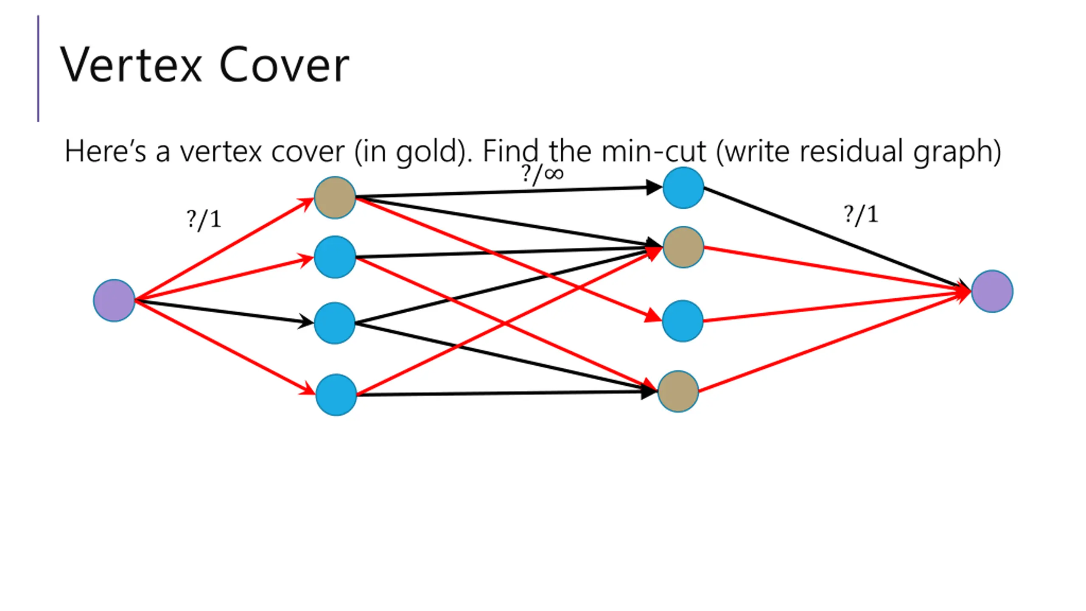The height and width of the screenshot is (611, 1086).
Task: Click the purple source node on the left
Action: tap(114, 300)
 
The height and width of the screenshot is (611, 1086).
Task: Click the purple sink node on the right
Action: tap(992, 291)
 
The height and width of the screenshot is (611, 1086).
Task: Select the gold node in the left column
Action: tap(335, 198)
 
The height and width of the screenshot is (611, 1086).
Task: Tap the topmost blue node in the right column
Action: tap(683, 188)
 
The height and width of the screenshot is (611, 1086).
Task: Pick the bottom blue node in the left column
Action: tap(336, 395)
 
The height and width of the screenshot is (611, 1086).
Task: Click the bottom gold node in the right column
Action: tap(678, 391)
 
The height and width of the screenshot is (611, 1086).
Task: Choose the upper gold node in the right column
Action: tap(683, 247)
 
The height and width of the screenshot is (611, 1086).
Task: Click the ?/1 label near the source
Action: tap(204, 220)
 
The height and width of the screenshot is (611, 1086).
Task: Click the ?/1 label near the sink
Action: tap(861, 215)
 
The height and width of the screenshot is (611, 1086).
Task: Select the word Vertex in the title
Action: tap(131, 65)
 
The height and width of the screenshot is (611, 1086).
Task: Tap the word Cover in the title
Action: tap(284, 65)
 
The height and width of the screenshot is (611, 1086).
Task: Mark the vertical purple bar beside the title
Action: tap(38, 69)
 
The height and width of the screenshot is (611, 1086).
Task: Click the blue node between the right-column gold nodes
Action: tap(683, 321)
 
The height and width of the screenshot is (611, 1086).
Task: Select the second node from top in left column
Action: tap(335, 257)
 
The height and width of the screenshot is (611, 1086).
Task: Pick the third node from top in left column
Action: tap(335, 323)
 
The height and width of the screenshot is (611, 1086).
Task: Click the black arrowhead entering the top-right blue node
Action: tap(654, 187)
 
